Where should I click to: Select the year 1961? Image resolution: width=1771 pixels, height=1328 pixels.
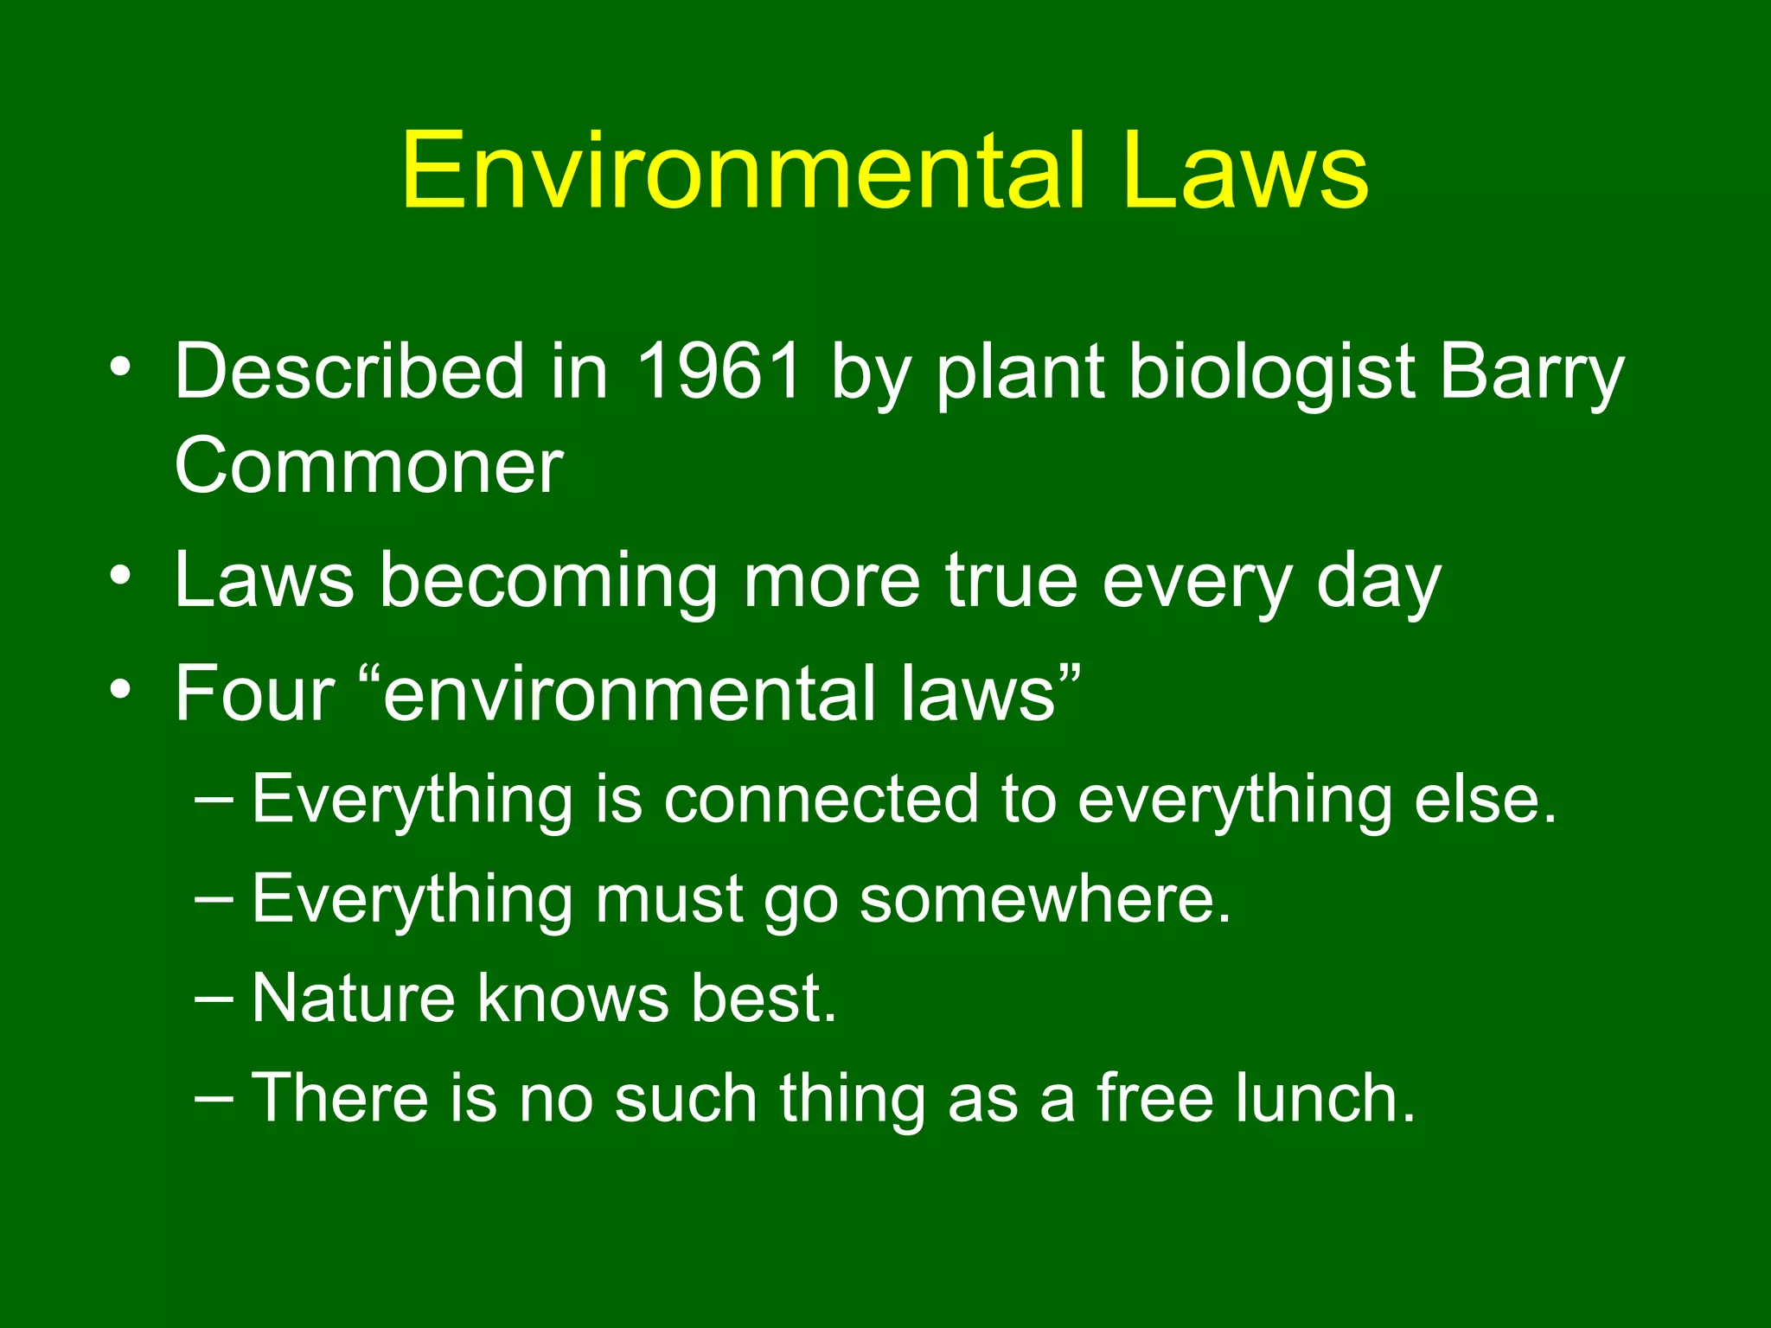pos(719,371)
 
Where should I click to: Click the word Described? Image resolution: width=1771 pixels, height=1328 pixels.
pos(348,371)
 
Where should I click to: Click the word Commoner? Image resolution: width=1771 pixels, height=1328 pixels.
pos(368,466)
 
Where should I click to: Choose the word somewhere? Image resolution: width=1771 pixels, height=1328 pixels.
pos(1045,899)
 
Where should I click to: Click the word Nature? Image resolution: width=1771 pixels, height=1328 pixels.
pos(353,999)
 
